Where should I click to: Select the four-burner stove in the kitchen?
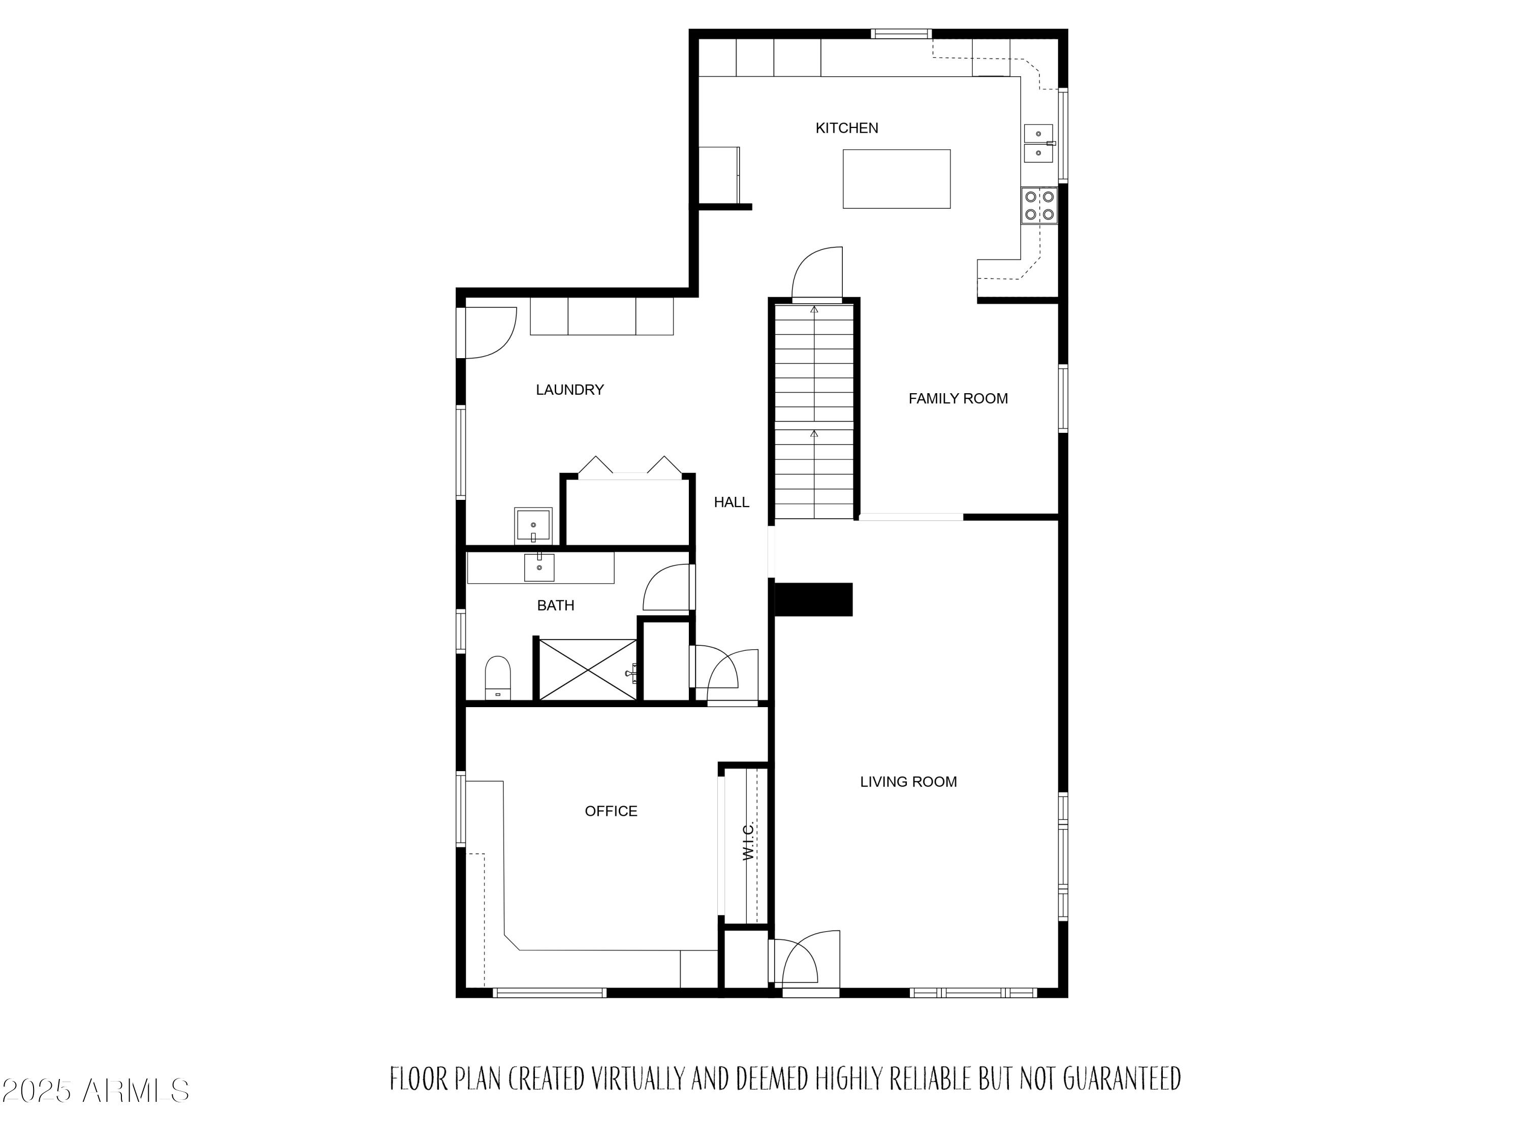click(1039, 205)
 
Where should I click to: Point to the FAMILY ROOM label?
click(958, 398)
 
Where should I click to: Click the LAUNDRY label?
click(570, 390)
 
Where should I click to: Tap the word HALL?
click(731, 502)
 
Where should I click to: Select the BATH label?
click(555, 606)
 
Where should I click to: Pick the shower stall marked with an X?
click(587, 670)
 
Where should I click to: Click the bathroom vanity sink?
click(539, 567)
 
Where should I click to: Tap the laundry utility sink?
click(532, 525)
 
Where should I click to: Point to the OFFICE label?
click(611, 812)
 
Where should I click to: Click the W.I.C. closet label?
click(749, 841)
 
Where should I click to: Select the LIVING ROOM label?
click(908, 782)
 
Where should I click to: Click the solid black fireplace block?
click(814, 599)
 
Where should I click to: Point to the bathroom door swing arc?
click(667, 588)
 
